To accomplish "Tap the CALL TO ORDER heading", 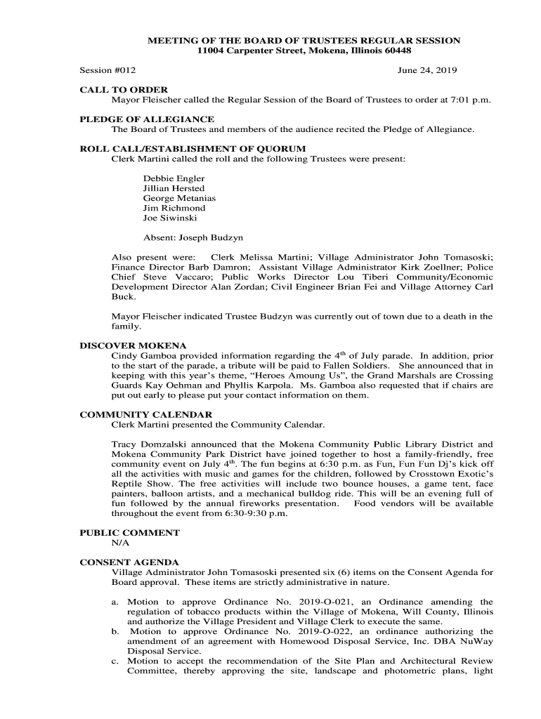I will click(x=124, y=90).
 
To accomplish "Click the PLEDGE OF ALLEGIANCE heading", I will click(x=147, y=119).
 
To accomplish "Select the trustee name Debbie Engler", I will click(x=174, y=178).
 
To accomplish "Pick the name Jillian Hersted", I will click(x=174, y=188).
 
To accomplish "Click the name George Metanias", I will click(x=179, y=198).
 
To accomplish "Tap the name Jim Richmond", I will click(x=174, y=208).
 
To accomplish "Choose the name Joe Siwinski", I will click(x=170, y=218).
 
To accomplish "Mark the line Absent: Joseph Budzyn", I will click(x=193, y=237).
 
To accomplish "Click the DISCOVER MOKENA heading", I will click(x=133, y=345).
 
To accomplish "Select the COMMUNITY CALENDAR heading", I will click(x=146, y=415).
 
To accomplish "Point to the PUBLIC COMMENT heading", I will click(x=129, y=533).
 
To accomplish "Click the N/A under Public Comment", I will click(x=120, y=543).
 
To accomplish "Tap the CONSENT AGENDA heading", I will click(x=129, y=562).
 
